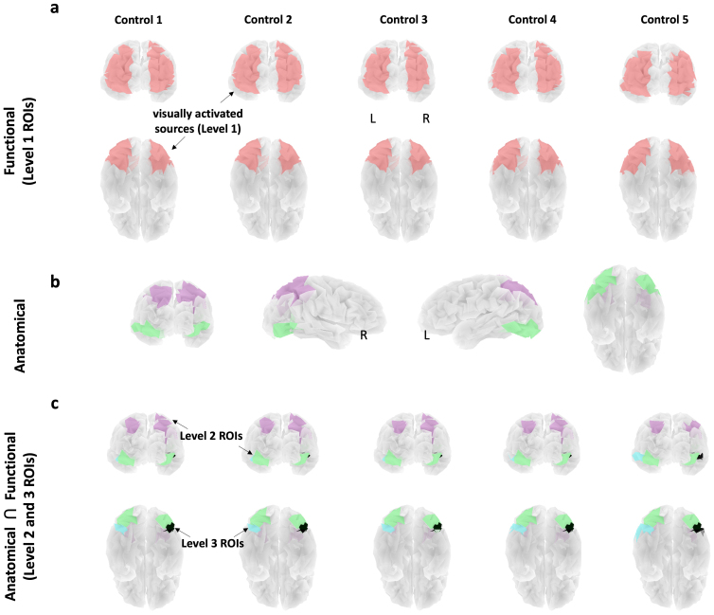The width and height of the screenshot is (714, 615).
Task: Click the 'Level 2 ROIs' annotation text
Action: pyautogui.click(x=209, y=437)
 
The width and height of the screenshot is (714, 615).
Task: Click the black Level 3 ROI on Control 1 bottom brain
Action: pyautogui.click(x=171, y=526)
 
